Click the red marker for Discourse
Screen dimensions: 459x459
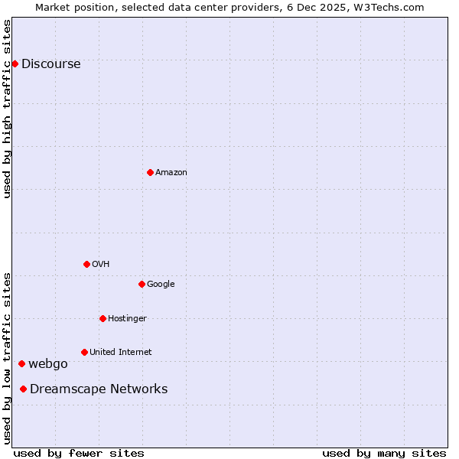tap(15, 63)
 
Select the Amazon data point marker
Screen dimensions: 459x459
tap(150, 172)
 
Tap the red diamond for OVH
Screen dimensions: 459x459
tap(86, 264)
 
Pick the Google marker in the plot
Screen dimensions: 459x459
tap(142, 284)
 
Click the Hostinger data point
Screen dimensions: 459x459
tap(103, 318)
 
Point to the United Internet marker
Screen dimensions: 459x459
tap(84, 352)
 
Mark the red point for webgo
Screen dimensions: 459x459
tap(21, 363)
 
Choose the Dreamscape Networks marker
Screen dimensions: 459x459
tap(23, 389)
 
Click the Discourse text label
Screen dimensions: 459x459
tap(51, 64)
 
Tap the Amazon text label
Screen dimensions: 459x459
tap(171, 173)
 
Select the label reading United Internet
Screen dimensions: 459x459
tap(121, 353)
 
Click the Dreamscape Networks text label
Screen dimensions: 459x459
tap(99, 389)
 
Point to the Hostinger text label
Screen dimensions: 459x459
tap(127, 319)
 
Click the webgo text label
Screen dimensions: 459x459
tap(48, 364)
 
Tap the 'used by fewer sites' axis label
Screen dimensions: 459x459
tap(79, 453)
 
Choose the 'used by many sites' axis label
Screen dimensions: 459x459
tap(384, 453)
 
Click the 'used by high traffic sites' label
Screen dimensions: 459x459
tap(7, 109)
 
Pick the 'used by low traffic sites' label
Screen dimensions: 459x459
tap(7, 357)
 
